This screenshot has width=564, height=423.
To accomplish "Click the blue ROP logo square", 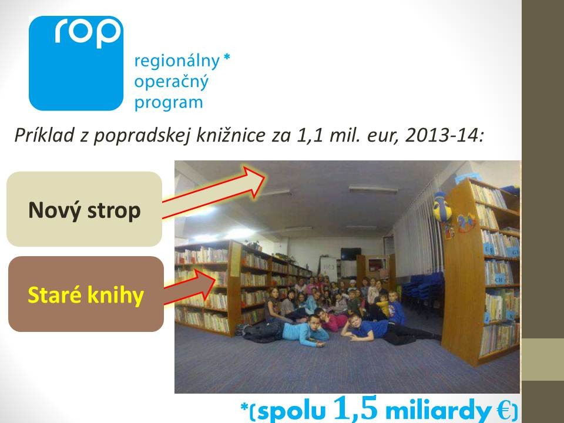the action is coord(76,63).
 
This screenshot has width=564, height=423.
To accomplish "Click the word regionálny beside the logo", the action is coord(177,62).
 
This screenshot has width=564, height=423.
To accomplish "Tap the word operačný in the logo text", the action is coord(171,82).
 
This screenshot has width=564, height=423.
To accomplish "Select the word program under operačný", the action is coord(169,103).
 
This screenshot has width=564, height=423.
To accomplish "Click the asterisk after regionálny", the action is coord(227,57).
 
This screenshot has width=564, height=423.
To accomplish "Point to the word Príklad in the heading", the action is coord(44,135).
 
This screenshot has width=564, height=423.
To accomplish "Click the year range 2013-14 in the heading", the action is coord(445,135).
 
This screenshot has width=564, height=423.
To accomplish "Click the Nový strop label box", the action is coord(84,209).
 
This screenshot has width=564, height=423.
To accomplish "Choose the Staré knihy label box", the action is coord(86,294).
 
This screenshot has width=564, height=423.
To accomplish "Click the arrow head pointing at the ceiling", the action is coord(254,180).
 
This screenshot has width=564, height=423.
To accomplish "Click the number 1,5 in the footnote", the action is coord(355,408).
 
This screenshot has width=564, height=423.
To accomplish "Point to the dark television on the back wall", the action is coord(351,253).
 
